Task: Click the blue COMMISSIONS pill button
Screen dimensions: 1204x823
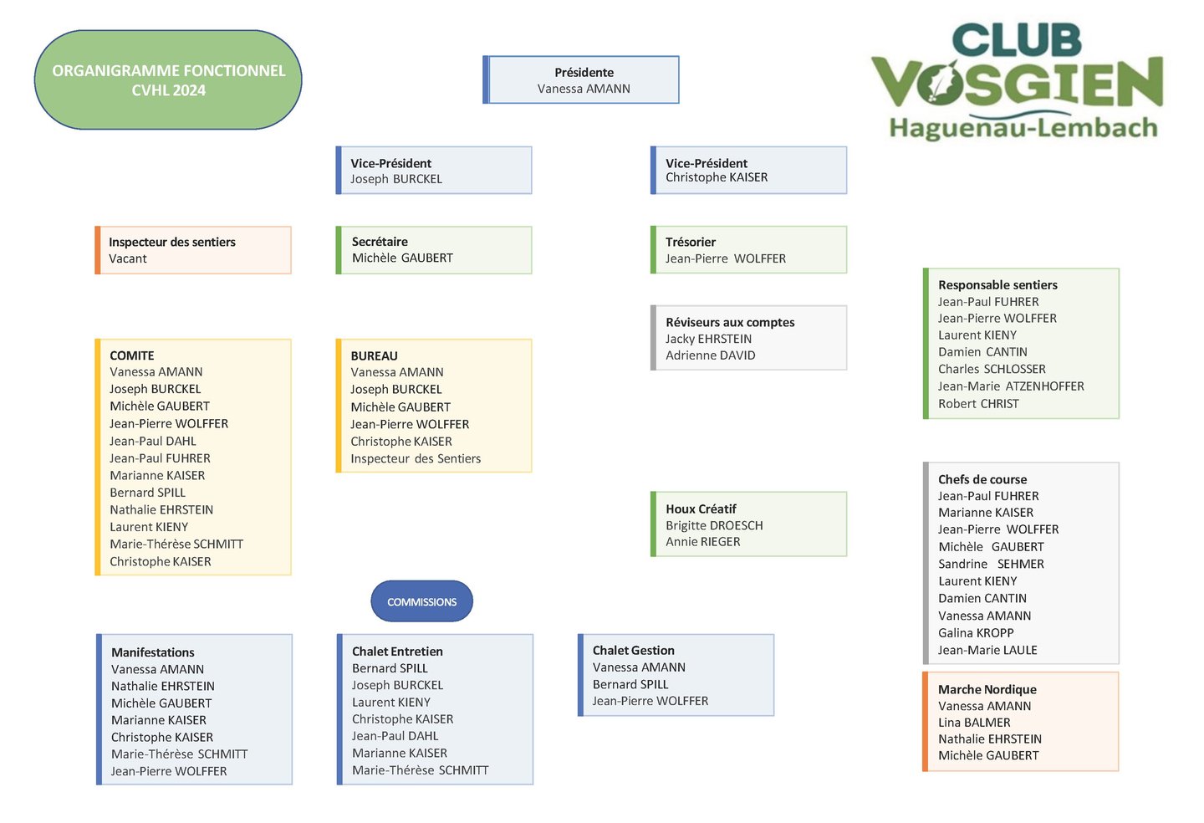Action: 422,601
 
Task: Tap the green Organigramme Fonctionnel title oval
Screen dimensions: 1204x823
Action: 168,79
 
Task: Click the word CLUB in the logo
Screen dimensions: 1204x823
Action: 1017,40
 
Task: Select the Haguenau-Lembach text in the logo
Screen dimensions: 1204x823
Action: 1023,129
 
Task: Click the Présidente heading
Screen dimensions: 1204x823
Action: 584,72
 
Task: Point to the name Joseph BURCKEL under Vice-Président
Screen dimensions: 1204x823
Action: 396,179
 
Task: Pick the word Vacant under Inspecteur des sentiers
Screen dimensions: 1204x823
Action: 127,258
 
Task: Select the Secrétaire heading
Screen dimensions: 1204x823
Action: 380,242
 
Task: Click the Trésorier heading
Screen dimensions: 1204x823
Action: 691,242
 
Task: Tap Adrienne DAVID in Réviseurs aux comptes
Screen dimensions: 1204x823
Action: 711,355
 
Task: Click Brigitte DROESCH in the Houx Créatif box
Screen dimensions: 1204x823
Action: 714,525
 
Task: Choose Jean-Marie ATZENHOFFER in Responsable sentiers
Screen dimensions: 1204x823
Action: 1011,386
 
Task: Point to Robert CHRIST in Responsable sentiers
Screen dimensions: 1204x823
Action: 978,404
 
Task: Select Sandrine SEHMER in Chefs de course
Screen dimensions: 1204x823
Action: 991,564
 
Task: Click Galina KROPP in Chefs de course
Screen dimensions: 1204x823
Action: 976,632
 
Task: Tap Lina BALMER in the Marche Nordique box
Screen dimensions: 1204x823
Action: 975,723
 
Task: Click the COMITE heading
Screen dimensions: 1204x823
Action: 132,355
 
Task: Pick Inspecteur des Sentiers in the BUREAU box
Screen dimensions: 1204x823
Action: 416,458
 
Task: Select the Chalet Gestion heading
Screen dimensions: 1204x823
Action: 633,651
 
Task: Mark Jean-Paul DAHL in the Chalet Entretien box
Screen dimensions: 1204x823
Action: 395,736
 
